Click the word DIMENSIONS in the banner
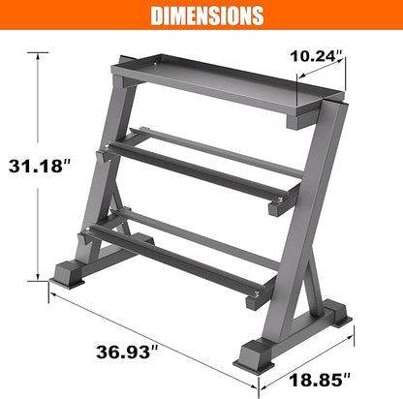coord(201,16)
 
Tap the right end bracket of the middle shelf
coord(275,203)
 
